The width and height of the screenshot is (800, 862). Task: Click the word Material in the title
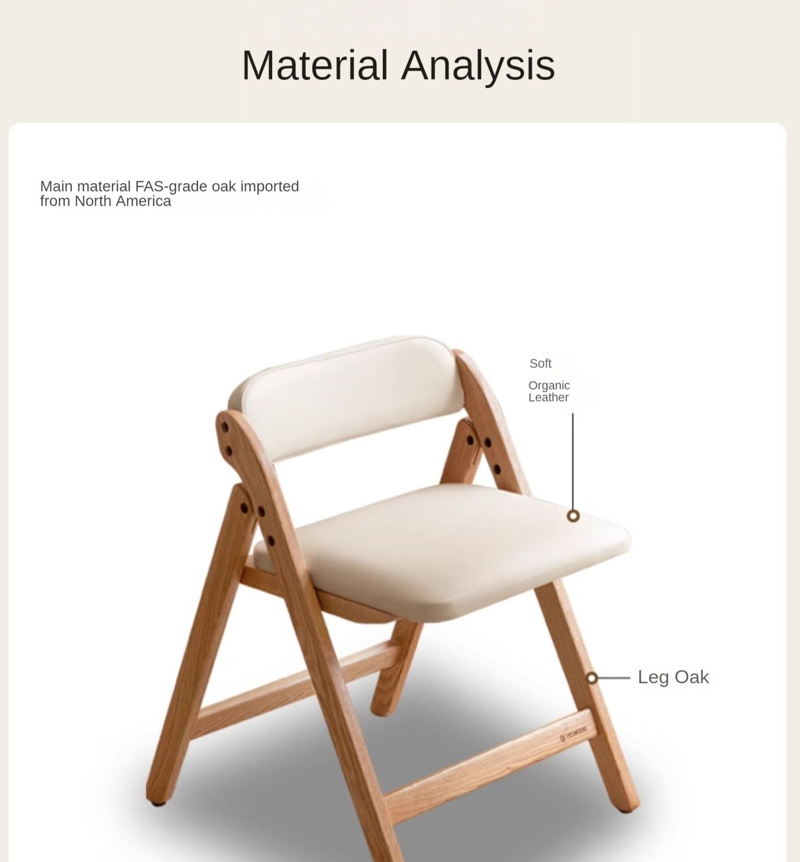tap(315, 65)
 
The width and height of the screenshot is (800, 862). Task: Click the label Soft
tap(540, 364)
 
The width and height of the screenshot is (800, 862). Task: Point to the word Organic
tap(549, 385)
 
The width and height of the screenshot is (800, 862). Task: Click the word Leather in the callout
tap(548, 397)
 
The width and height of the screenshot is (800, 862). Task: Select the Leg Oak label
tap(673, 677)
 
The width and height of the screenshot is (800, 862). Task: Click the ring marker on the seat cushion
tap(573, 516)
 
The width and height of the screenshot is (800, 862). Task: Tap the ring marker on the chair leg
tap(592, 677)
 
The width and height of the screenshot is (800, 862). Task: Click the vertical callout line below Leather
tap(573, 462)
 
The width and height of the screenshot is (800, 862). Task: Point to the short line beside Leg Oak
tap(613, 677)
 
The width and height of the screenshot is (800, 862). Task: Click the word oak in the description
tap(224, 187)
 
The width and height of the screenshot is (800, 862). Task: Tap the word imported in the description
tap(269, 187)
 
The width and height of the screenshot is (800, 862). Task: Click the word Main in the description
tap(57, 187)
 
